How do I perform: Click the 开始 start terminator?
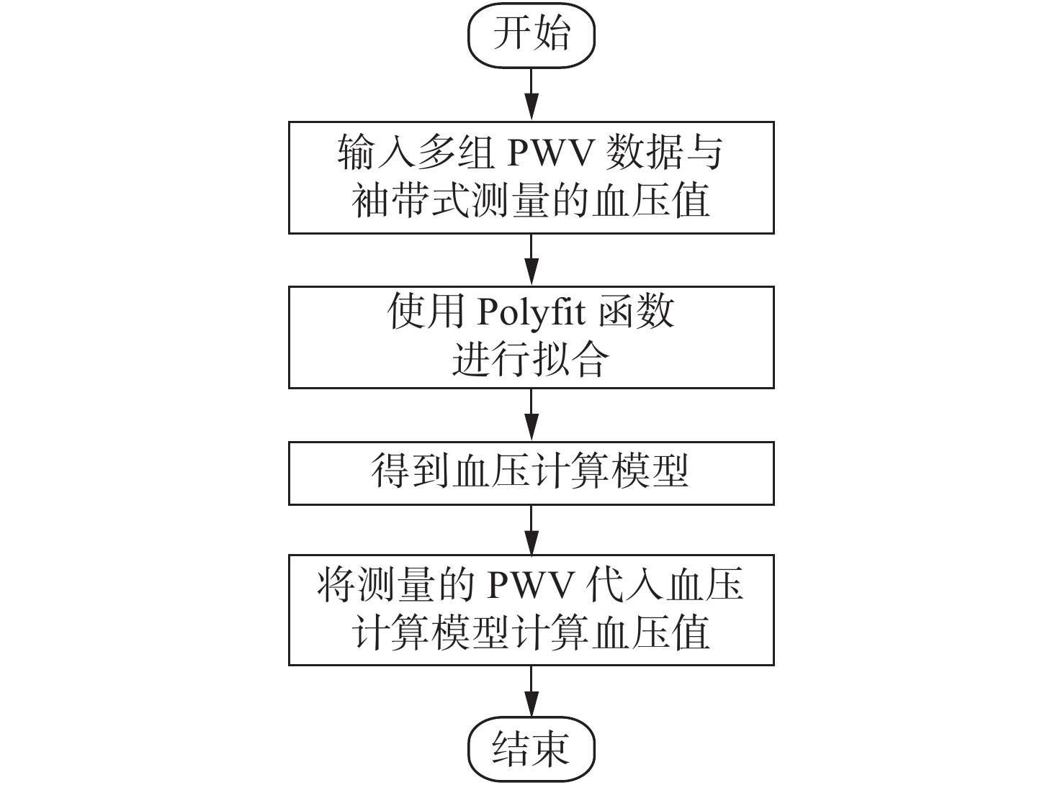[x=531, y=35]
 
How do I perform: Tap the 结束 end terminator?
[x=531, y=748]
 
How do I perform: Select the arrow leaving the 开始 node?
[x=531, y=94]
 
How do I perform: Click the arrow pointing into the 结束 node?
[x=531, y=691]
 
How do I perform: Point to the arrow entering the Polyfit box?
[x=531, y=260]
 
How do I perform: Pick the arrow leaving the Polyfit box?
[x=531, y=414]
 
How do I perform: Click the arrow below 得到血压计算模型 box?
[x=531, y=530]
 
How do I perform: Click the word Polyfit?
[x=531, y=313]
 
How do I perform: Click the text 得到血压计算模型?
[x=529, y=472]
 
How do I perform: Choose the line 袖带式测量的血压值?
[x=531, y=201]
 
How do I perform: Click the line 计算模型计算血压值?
[x=531, y=632]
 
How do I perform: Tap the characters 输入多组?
[x=416, y=153]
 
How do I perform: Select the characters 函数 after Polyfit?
[x=637, y=312]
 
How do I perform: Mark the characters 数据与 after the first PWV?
[x=664, y=153]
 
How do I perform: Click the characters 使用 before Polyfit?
[x=426, y=312]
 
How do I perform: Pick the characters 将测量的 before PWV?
[x=396, y=584]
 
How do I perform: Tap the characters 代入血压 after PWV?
[x=663, y=584]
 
